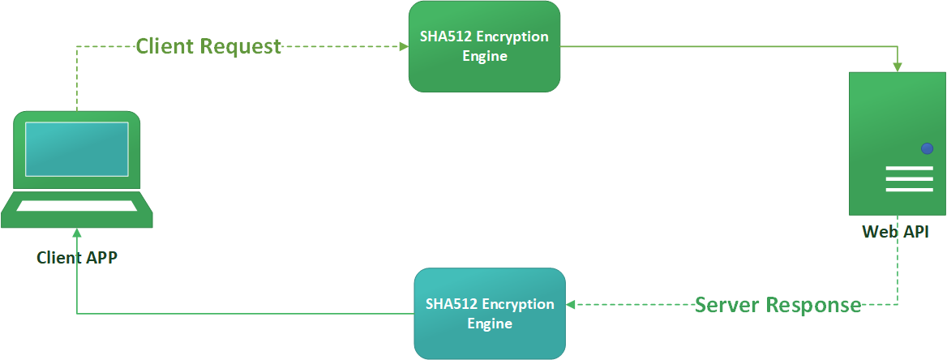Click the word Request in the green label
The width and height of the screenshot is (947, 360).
241,46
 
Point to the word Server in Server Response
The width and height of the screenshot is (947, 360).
727,305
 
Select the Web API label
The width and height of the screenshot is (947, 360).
896,233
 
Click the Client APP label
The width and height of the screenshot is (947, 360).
77,258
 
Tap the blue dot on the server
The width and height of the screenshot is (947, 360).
927,148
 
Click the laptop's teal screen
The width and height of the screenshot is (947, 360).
77,149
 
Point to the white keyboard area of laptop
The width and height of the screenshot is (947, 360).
77,204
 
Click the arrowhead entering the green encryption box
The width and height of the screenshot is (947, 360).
404,46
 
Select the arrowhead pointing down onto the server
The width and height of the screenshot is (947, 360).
898,67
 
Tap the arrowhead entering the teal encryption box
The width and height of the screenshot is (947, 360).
570,305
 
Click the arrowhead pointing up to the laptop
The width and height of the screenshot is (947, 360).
77,233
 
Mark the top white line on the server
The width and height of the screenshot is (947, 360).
909,169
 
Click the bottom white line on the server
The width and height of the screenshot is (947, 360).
909,190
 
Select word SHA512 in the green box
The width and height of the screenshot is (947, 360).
442,36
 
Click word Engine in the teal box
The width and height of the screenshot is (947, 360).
490,324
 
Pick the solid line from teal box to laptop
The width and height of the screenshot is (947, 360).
243,313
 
